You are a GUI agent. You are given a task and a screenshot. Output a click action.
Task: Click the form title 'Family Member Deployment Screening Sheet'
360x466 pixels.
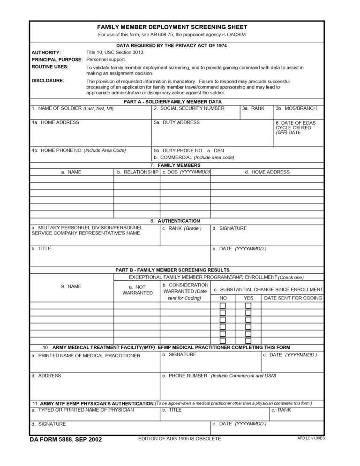(172, 27)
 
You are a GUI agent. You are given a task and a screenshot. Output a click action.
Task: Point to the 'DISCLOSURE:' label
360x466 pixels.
(48, 81)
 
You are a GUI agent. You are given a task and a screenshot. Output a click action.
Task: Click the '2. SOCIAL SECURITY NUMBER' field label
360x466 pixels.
(189, 108)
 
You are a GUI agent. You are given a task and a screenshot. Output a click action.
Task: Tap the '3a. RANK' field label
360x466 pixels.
(253, 108)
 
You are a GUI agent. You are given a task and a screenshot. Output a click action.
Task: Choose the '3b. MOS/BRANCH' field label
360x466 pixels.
(296, 108)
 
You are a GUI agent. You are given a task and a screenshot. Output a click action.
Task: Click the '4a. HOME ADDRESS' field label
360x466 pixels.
(55, 122)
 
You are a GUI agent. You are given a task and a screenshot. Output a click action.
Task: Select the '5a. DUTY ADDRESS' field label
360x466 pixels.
(177, 122)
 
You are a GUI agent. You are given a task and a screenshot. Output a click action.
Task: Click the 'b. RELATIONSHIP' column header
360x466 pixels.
(137, 172)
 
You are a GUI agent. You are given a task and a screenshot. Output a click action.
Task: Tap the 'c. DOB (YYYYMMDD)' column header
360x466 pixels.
(186, 172)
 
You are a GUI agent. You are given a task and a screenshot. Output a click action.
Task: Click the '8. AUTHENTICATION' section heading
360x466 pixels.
(175, 221)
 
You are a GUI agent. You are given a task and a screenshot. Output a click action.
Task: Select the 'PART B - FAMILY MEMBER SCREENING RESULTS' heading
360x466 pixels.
(172, 270)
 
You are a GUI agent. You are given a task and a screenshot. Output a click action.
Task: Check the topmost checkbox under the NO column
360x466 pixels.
(223, 306)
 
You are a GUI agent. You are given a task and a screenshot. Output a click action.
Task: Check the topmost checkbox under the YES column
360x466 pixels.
(248, 306)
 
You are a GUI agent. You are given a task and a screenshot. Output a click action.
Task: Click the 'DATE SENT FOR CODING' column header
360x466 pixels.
(293, 298)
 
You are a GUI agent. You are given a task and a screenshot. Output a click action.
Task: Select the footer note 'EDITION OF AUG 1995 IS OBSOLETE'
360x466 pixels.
(180, 438)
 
